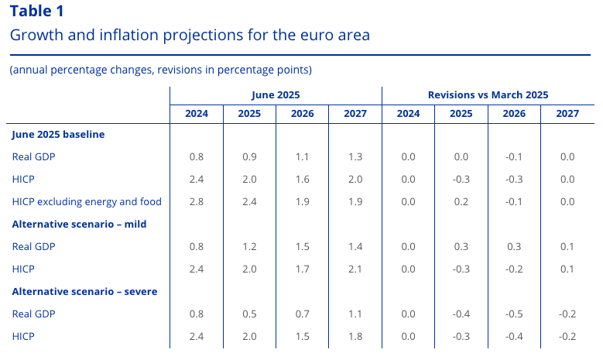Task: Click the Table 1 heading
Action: click(x=37, y=11)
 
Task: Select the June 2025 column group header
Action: click(x=276, y=94)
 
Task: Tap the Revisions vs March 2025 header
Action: click(x=488, y=94)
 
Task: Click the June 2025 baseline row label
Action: click(x=59, y=134)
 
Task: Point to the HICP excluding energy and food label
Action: click(x=87, y=201)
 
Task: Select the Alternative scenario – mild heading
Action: click(x=80, y=224)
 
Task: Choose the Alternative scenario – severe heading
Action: click(x=85, y=291)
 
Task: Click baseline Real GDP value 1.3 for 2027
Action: click(x=355, y=156)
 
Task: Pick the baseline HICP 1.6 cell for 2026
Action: click(x=302, y=179)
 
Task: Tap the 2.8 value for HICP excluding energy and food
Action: click(x=197, y=201)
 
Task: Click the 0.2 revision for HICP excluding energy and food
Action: click(x=461, y=201)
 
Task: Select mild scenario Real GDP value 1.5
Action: click(x=302, y=246)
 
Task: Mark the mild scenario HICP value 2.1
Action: click(x=355, y=269)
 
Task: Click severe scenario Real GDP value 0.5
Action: click(x=249, y=314)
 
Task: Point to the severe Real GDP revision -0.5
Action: click(x=514, y=314)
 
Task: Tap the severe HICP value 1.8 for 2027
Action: click(x=355, y=336)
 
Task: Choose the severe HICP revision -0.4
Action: click(x=514, y=336)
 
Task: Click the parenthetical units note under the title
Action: click(x=160, y=70)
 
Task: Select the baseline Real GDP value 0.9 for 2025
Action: click(x=249, y=156)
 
